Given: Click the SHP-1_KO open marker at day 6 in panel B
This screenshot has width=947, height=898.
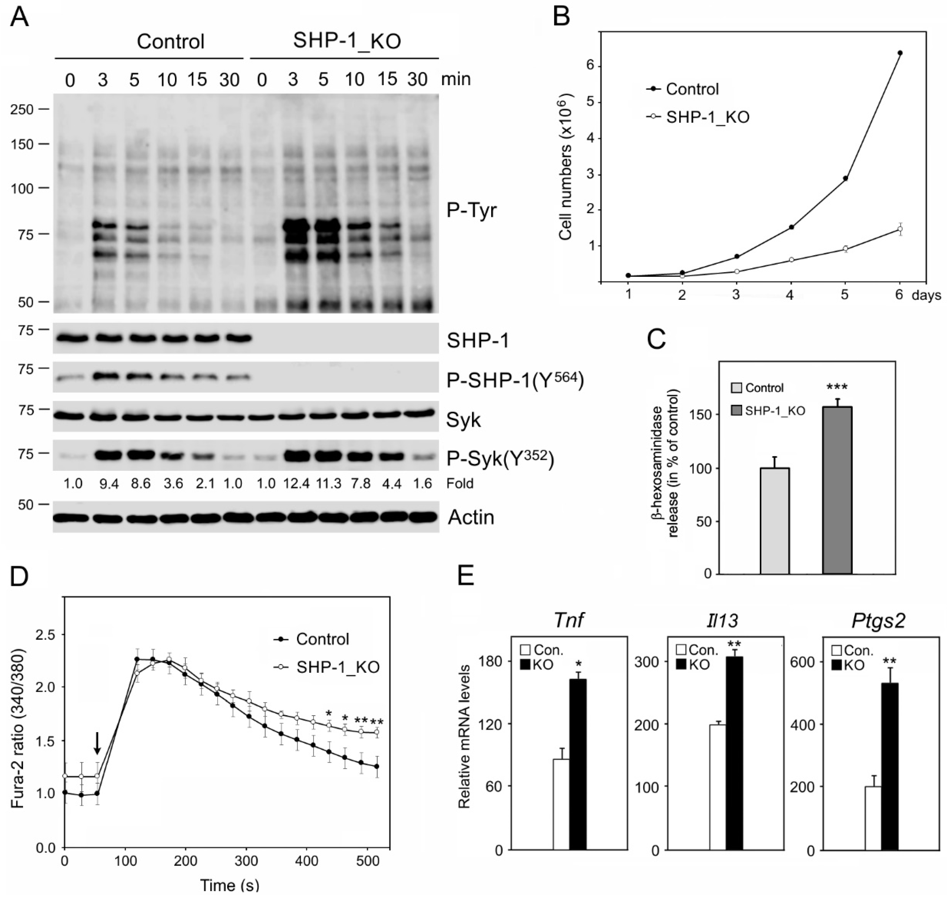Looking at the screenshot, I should (x=900, y=229).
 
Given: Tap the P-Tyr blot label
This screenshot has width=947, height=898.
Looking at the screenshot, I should (x=471, y=211).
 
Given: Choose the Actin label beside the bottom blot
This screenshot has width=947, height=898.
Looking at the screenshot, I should (x=471, y=517).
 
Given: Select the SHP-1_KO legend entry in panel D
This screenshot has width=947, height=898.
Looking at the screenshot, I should (x=337, y=667).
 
